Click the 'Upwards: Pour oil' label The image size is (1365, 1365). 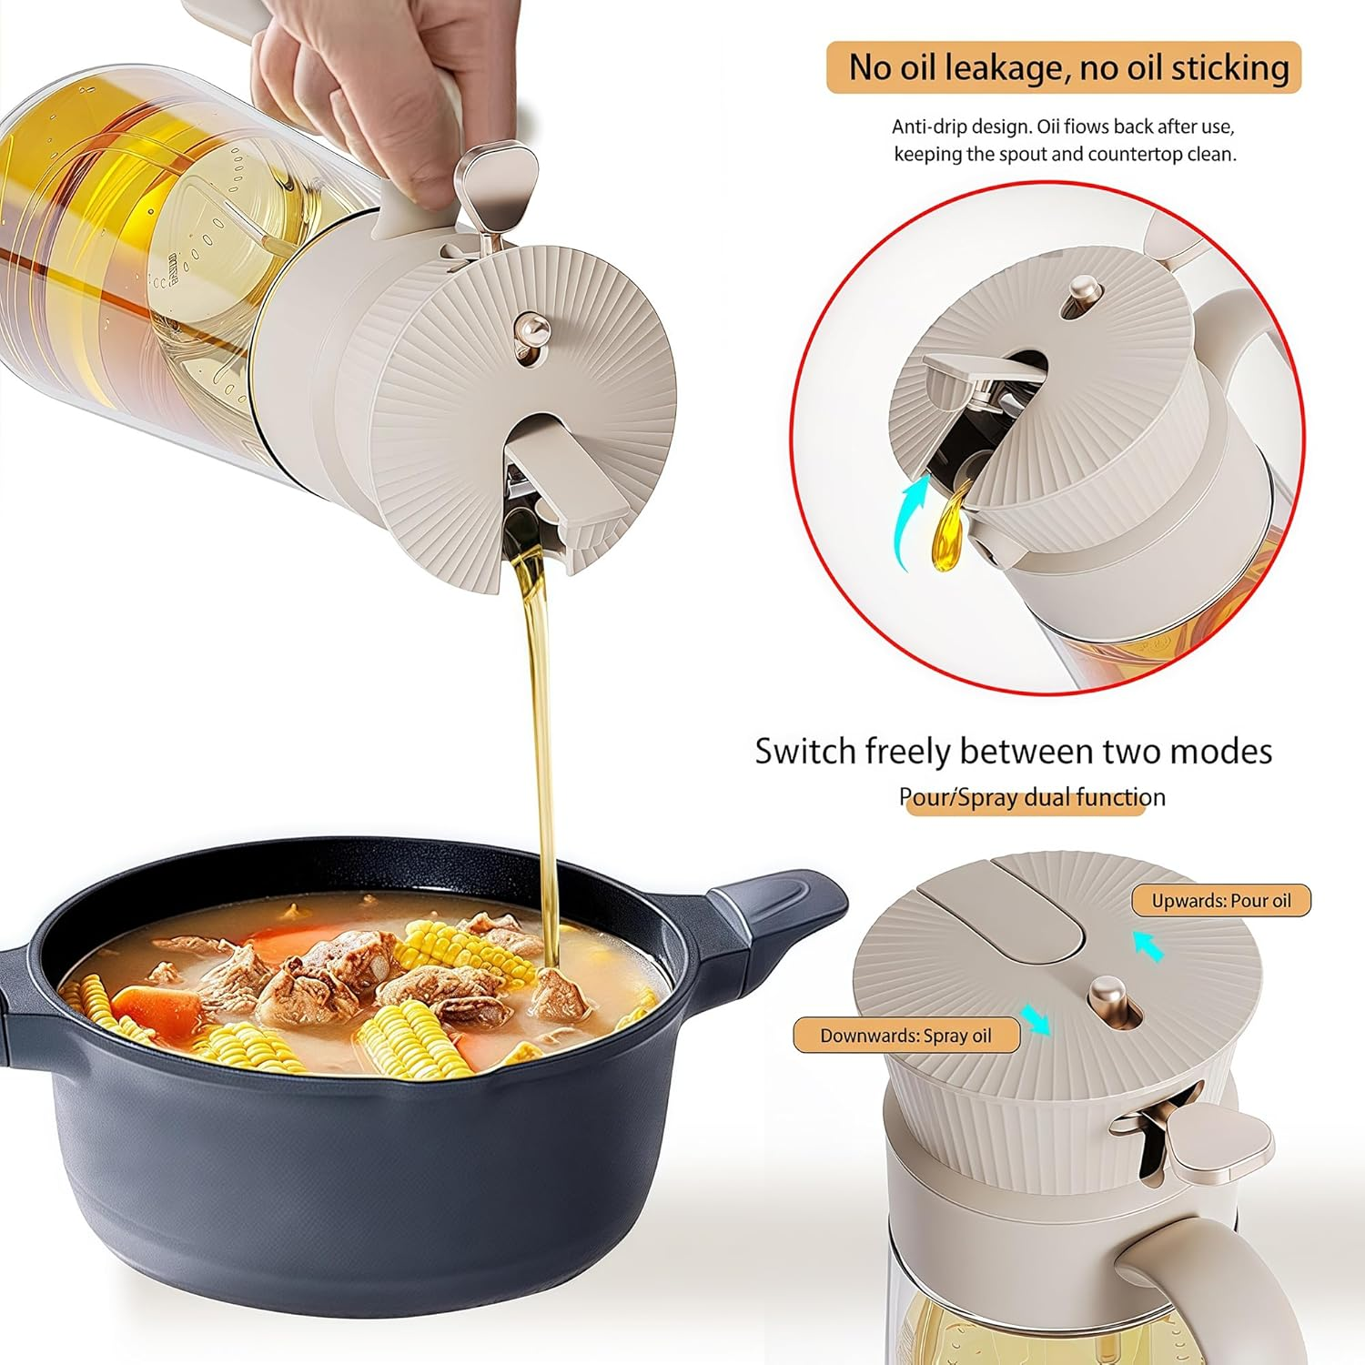point(1221,901)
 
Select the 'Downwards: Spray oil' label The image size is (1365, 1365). point(905,1036)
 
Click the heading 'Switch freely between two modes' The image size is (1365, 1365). point(1013,752)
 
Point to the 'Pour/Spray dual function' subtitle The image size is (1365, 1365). point(1032,797)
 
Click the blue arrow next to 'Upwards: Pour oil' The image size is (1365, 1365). point(1149,946)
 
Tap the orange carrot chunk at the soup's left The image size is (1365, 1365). point(157,1006)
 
